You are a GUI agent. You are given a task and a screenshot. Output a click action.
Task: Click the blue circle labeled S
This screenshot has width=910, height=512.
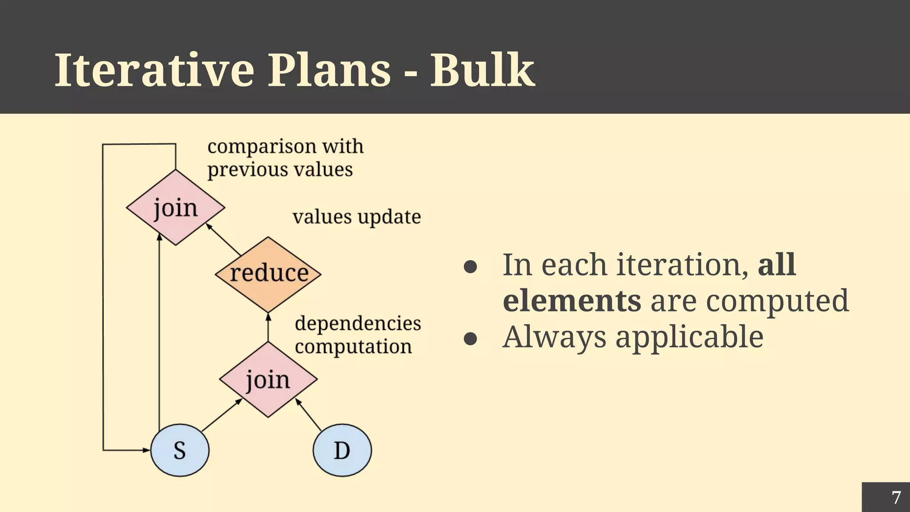(180, 450)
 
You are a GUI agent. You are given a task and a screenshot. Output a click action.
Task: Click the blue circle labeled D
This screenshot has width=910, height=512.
(342, 450)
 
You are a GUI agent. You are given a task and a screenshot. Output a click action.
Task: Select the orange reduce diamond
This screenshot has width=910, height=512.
(268, 274)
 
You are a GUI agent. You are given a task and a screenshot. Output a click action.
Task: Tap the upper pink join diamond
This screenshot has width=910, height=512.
(176, 208)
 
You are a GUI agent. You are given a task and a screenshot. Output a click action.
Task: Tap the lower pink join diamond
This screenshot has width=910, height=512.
(268, 380)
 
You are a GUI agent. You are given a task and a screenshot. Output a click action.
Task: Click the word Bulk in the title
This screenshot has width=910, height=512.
(482, 70)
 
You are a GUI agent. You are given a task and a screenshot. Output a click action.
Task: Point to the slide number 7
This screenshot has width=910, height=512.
(896, 497)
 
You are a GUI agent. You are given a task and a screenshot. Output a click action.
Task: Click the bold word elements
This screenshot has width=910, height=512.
(572, 301)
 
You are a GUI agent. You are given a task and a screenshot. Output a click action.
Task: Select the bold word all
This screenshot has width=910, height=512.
(776, 265)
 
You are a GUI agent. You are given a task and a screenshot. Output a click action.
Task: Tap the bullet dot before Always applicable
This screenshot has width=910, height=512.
(470, 339)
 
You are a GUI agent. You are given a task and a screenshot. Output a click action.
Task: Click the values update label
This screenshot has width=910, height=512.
(356, 217)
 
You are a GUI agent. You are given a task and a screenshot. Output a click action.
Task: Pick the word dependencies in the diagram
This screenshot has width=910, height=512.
(358, 323)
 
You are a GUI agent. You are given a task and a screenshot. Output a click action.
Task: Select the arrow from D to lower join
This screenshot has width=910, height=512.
(309, 415)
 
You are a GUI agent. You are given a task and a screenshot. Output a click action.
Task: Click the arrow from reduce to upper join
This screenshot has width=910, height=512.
(224, 240)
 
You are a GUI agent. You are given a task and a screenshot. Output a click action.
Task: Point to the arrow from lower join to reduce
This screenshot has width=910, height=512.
(268, 328)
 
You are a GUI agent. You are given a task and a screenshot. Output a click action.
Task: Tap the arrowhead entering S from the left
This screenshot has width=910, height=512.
(146, 450)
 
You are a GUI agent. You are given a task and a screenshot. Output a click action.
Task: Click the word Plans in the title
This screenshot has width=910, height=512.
(329, 70)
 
